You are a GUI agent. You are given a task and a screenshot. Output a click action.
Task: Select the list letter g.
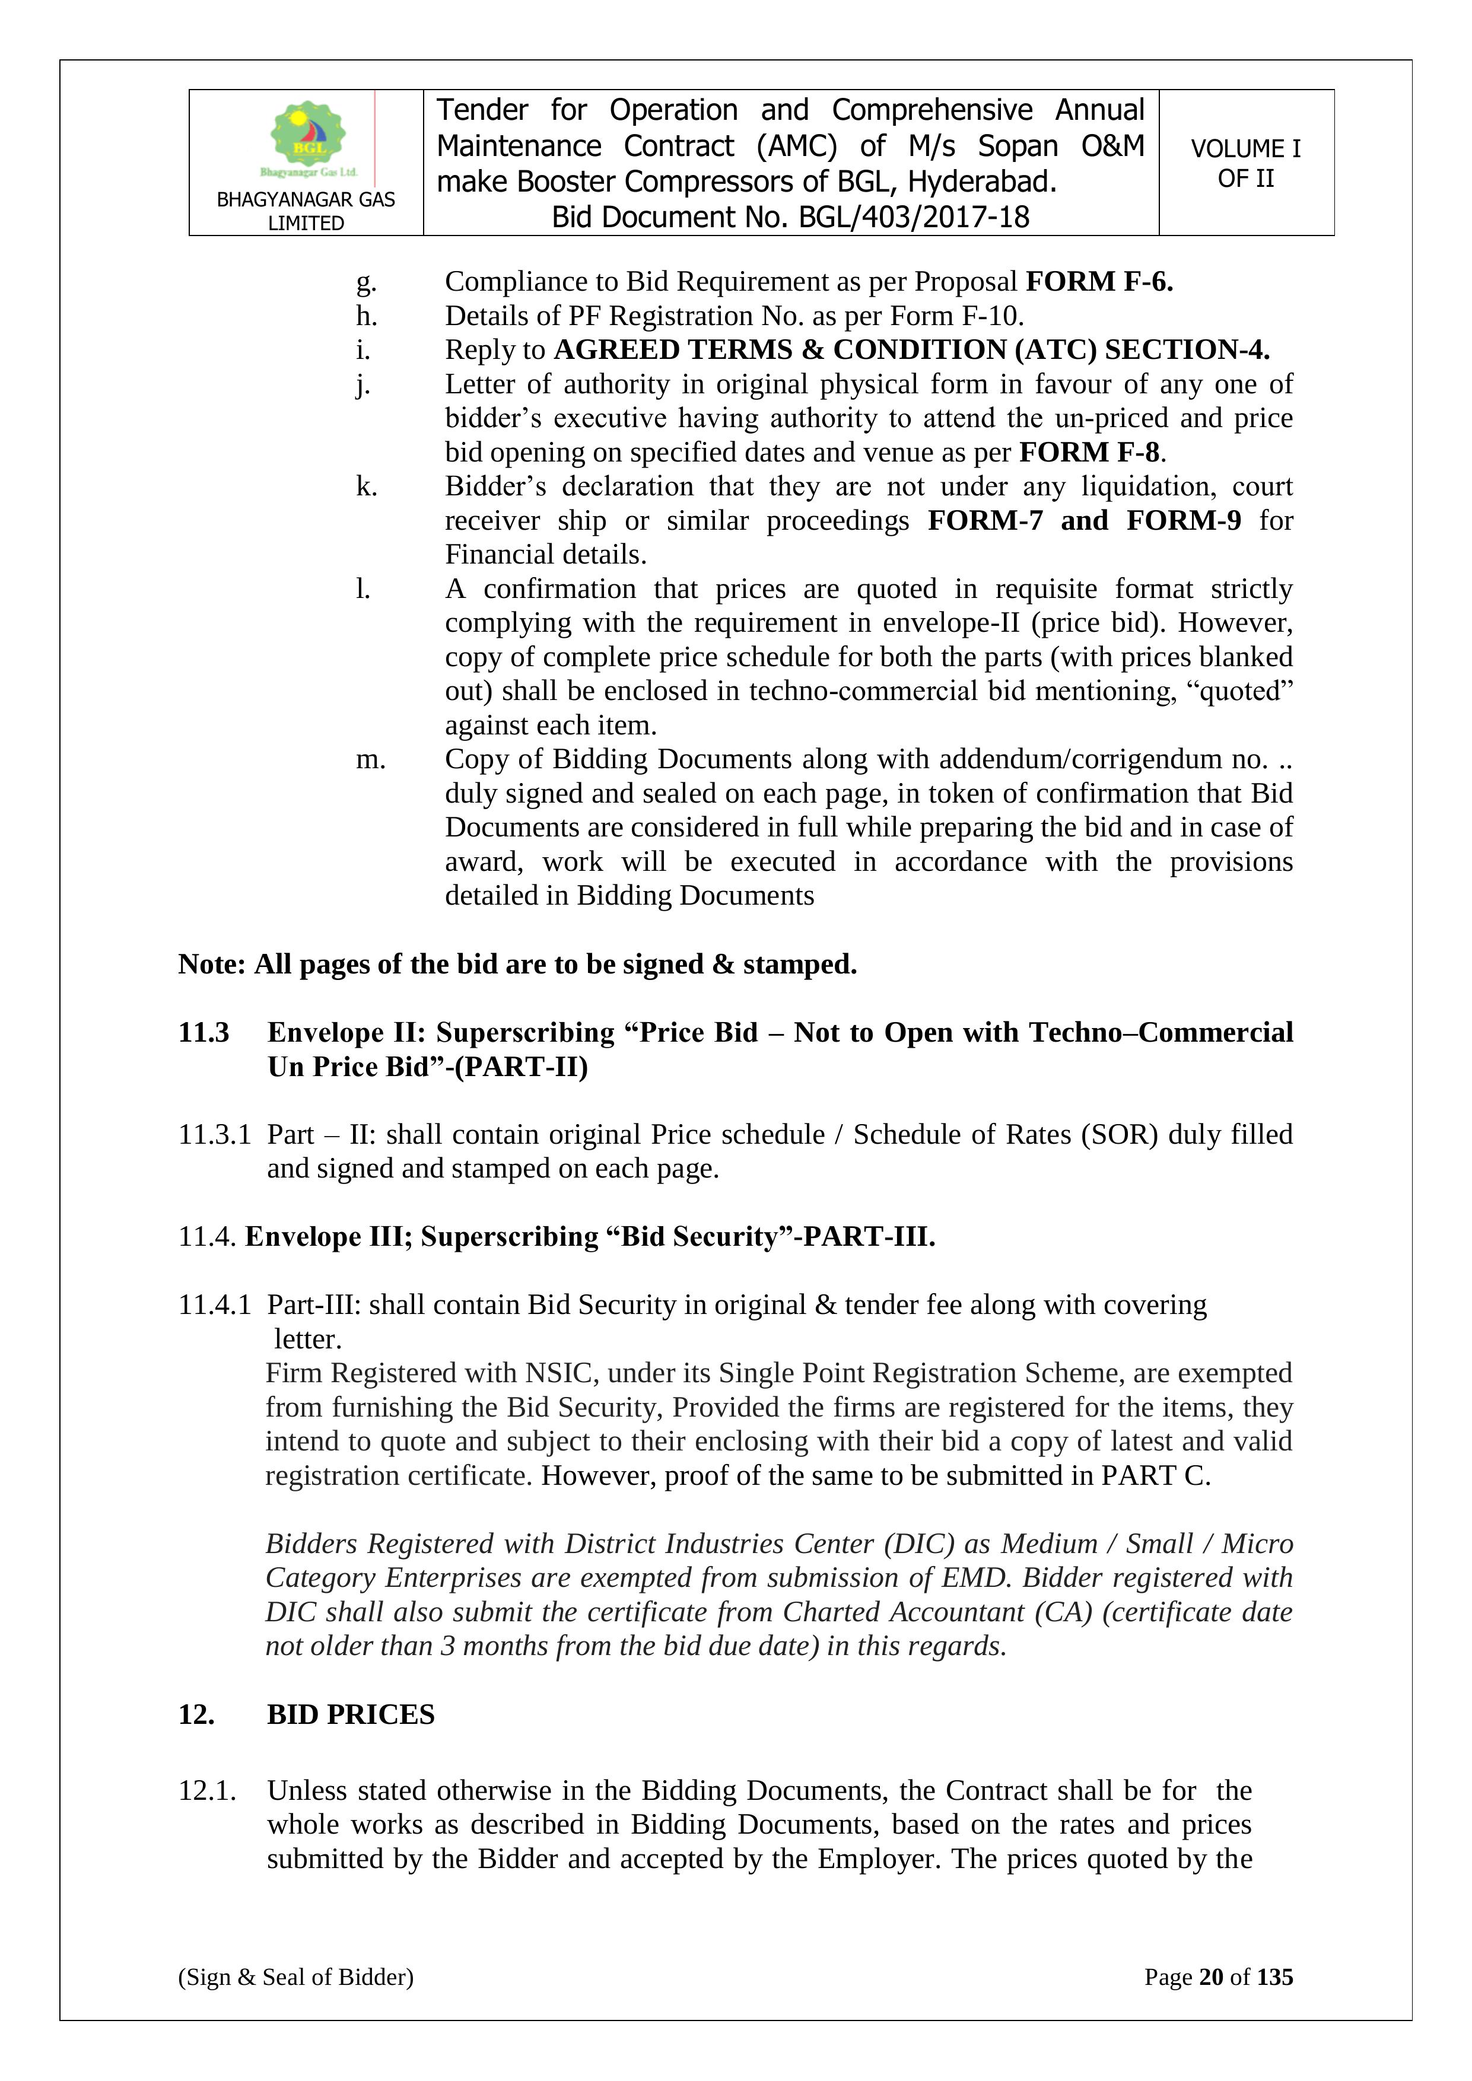tap(365, 283)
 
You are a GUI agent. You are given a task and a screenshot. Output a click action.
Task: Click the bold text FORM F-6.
tap(1099, 282)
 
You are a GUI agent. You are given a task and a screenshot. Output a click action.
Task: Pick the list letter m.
tap(370, 759)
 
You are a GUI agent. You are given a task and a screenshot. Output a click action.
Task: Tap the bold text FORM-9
tap(1183, 520)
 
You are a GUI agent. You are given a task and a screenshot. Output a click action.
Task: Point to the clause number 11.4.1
tap(214, 1305)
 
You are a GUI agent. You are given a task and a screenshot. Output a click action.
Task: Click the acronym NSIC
tap(558, 1373)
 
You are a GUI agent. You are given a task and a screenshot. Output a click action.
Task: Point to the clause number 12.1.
tap(206, 1791)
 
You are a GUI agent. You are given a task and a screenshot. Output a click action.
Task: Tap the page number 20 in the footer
tap(1211, 1977)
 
